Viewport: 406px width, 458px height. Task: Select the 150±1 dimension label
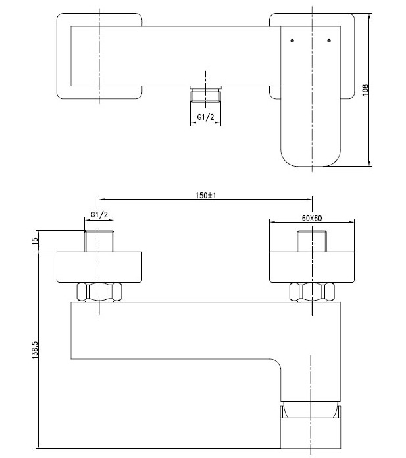[x=207, y=196]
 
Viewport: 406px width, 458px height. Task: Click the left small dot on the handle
[x=292, y=41]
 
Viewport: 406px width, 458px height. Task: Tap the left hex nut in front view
[x=99, y=291]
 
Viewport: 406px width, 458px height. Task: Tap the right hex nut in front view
[x=313, y=291]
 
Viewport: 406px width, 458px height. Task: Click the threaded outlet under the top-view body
[x=206, y=96]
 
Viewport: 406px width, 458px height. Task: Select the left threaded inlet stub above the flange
[x=99, y=241]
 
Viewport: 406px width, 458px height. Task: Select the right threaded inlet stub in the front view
[x=313, y=241]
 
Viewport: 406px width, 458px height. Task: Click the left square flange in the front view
[x=99, y=266]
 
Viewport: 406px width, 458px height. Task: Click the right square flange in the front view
[x=313, y=266]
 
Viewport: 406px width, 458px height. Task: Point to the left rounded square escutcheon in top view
[x=66, y=56]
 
